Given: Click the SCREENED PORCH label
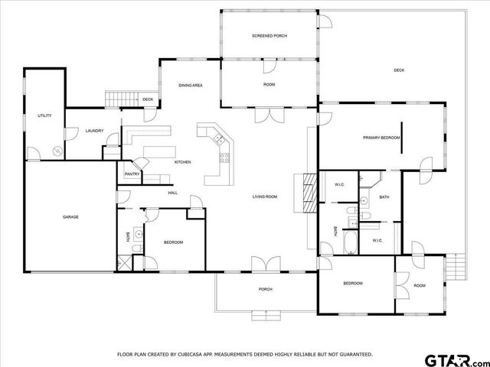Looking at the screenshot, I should [269, 36].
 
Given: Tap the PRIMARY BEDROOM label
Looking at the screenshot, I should [381, 138].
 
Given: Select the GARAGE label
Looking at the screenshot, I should [70, 216].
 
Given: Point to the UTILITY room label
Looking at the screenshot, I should [44, 115].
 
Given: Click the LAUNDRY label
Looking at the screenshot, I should [94, 131].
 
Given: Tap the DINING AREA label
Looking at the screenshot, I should [190, 85].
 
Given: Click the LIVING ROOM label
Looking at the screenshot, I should [265, 196].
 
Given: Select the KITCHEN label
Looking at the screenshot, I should [182, 162].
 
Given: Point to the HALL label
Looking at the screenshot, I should [173, 193].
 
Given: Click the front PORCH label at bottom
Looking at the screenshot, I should [265, 289].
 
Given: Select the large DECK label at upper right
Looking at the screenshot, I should [399, 70].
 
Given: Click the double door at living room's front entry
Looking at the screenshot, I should [265, 265].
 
